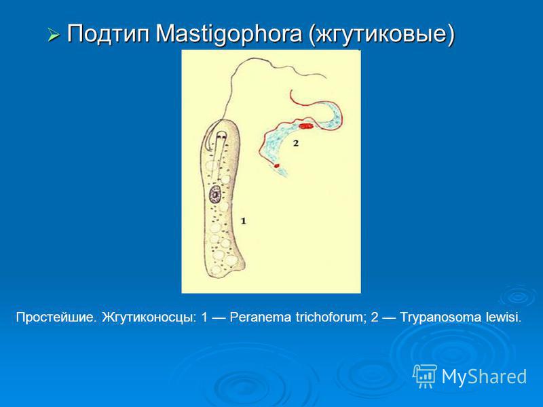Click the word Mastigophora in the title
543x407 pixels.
[x=229, y=35]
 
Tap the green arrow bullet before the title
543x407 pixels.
[x=54, y=35]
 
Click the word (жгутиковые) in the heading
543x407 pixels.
[x=381, y=35]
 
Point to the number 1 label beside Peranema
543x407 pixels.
[x=244, y=220]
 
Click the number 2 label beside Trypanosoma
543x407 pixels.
[x=295, y=142]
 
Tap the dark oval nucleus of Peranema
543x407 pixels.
[x=215, y=195]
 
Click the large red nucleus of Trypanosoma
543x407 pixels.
[x=306, y=125]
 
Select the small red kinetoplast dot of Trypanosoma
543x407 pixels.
[x=276, y=166]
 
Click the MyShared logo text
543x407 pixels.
[x=484, y=376]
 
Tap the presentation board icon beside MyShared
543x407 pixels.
[x=425, y=376]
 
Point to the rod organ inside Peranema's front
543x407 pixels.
[x=219, y=152]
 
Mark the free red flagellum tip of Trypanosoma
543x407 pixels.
[x=291, y=91]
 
